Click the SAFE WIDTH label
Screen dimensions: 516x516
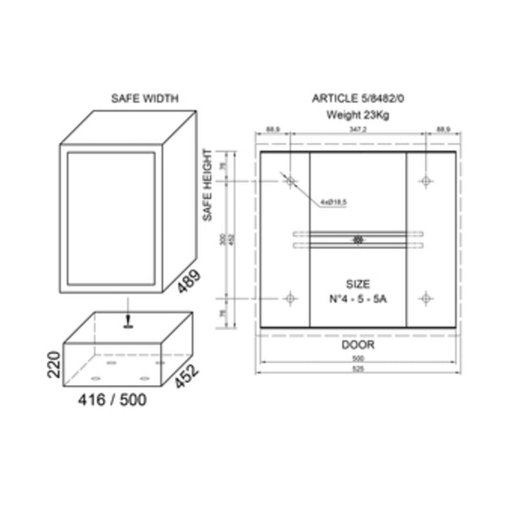(x=144, y=99)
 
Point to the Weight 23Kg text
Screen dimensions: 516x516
(x=358, y=115)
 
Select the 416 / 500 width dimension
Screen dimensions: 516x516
(x=112, y=401)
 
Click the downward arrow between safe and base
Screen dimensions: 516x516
(x=129, y=319)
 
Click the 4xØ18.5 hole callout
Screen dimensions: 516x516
(x=334, y=203)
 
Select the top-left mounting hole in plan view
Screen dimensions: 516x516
(x=290, y=181)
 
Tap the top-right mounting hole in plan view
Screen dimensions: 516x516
(x=425, y=181)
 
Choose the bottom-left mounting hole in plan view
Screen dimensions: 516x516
(x=290, y=298)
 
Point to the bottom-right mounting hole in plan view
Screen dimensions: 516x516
(x=425, y=298)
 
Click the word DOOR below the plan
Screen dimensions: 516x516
(x=358, y=345)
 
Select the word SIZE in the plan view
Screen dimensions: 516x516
(x=358, y=283)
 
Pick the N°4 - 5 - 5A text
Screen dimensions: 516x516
(x=358, y=299)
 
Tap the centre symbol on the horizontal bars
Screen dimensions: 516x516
(x=358, y=239)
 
